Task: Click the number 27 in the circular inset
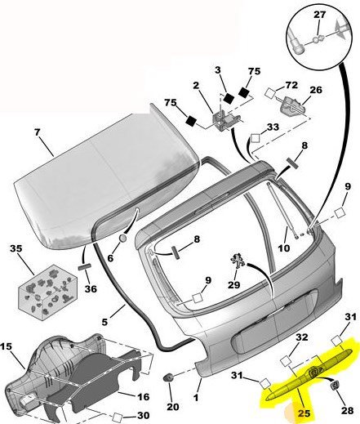[319, 15]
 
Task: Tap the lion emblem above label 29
[238, 261]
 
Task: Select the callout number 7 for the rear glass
[37, 132]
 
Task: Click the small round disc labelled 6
[123, 238]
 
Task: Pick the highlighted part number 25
[304, 413]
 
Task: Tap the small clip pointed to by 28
[335, 386]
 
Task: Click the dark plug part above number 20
[168, 377]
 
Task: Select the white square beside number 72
[270, 93]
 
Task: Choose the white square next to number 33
[256, 138]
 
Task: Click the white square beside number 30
[118, 417]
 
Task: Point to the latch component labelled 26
[291, 106]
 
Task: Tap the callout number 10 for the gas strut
[284, 248]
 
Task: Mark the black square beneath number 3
[229, 98]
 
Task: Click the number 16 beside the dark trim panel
[144, 397]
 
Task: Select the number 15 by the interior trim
[6, 346]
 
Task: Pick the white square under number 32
[286, 361]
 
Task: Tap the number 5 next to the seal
[104, 322]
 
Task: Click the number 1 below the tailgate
[196, 397]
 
